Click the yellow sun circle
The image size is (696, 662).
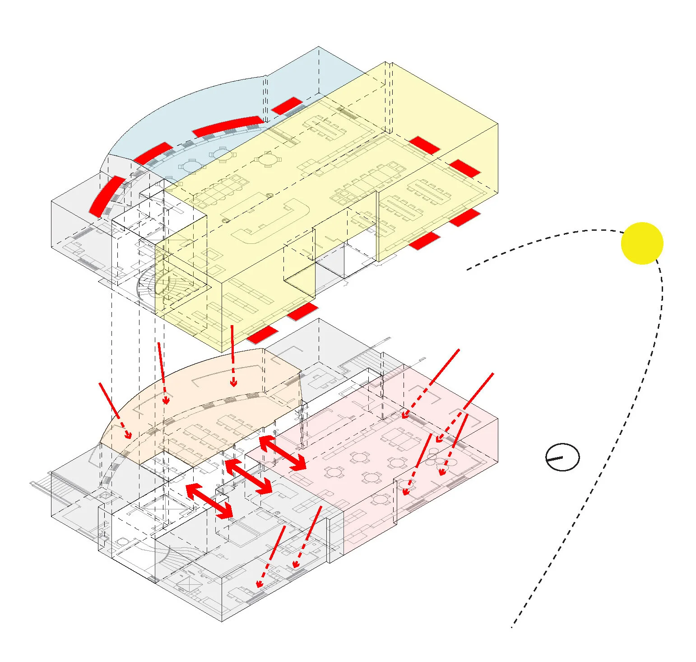pyautogui.click(x=642, y=243)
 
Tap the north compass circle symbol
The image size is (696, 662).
pyautogui.click(x=562, y=457)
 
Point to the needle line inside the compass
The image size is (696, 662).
pyautogui.click(x=556, y=459)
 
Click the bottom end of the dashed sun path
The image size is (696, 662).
pyautogui.click(x=512, y=626)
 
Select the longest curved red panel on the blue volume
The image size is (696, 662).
pyautogui.click(x=227, y=126)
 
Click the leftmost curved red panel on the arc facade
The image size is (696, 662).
pyautogui.click(x=107, y=196)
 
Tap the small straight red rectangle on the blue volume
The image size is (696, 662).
pyautogui.click(x=286, y=106)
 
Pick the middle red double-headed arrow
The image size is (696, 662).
pyautogui.click(x=248, y=476)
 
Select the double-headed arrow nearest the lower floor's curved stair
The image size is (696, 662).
pyautogui.click(x=209, y=500)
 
